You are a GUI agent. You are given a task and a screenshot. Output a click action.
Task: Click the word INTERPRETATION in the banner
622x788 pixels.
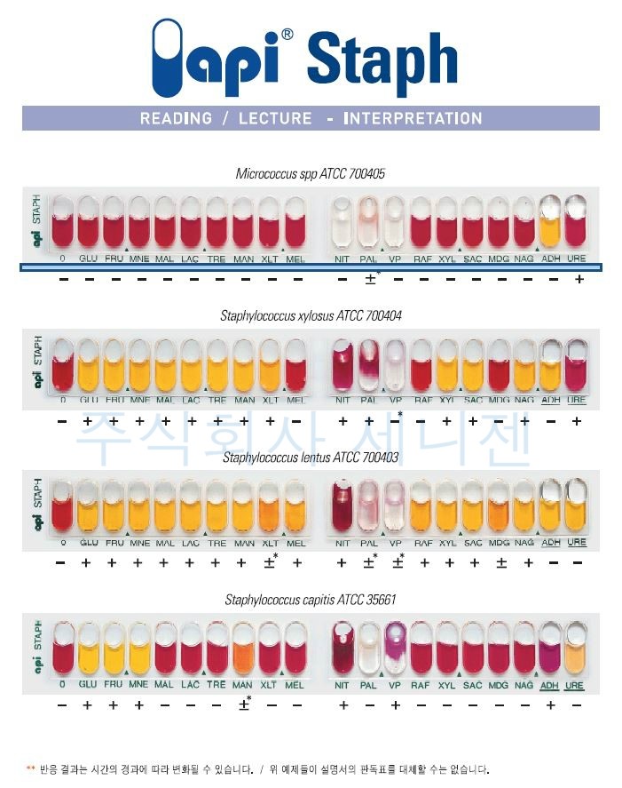tap(413, 118)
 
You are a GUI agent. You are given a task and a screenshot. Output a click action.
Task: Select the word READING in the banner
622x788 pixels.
tap(176, 118)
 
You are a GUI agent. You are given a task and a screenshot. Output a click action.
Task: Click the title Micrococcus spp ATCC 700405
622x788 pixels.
tap(310, 174)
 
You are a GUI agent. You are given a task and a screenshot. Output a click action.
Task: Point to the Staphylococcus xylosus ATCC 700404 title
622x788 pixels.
tap(311, 315)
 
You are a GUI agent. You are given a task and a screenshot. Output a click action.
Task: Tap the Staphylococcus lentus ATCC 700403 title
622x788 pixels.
tap(311, 458)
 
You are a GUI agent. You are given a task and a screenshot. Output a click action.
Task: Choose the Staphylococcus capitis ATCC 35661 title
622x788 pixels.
tap(311, 600)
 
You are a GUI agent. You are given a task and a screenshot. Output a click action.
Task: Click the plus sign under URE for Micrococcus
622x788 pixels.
tap(579, 280)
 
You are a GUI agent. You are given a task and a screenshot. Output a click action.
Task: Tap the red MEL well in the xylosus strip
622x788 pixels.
tap(295, 366)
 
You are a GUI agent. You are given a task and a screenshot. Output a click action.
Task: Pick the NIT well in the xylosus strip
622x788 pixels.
tap(342, 366)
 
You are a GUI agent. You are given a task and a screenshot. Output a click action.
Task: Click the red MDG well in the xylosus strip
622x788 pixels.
tap(499, 366)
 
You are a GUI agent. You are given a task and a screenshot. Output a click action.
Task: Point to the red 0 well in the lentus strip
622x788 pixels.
tap(62, 508)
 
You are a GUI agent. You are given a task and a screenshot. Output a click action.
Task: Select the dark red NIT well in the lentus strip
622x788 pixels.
tap(342, 508)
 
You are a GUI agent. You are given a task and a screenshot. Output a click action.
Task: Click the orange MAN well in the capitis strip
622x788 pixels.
tap(244, 650)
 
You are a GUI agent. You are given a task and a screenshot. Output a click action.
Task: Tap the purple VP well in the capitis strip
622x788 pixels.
tap(395, 650)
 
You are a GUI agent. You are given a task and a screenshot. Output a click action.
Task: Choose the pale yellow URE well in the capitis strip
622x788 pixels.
tap(576, 650)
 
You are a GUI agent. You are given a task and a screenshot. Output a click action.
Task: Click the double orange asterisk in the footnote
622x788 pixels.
tap(31, 768)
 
